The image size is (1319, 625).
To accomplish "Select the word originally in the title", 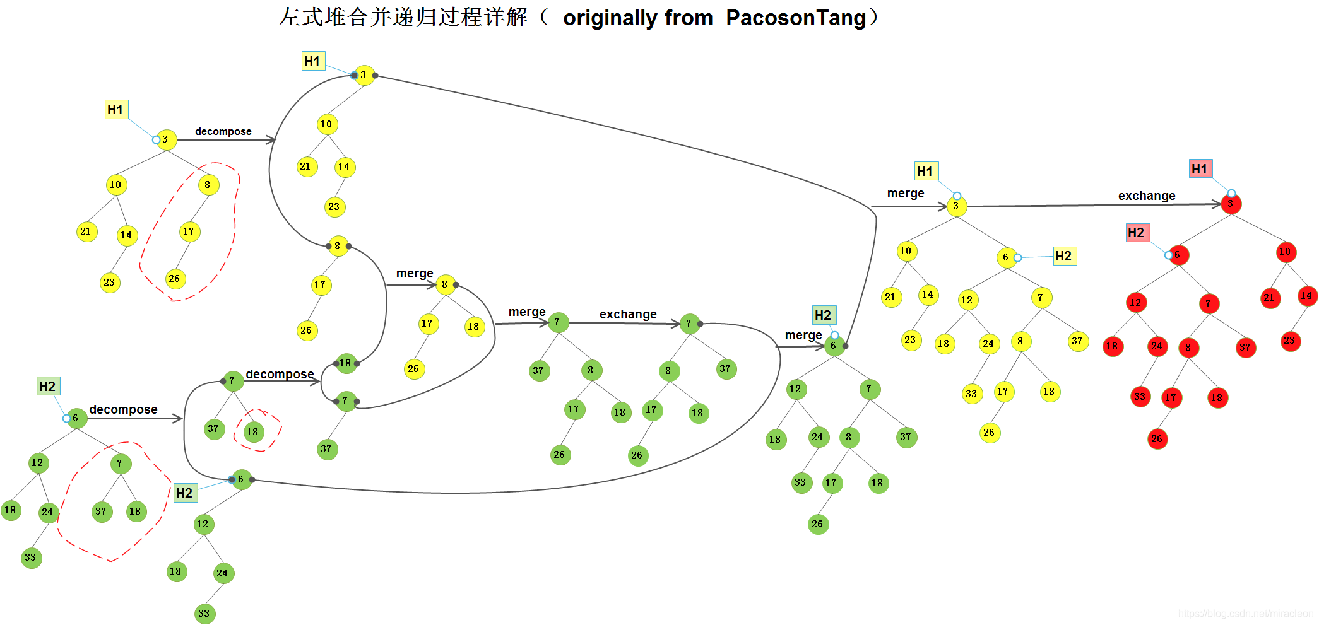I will [x=637, y=18].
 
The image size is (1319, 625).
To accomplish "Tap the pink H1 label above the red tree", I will [x=1200, y=168].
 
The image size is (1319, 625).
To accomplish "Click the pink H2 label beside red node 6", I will [x=1137, y=233].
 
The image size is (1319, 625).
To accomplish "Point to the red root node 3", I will [x=1231, y=204].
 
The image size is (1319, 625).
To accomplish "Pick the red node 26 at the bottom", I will [x=1157, y=439].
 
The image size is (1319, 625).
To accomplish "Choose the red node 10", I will [x=1285, y=252].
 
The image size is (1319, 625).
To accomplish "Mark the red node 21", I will [x=1269, y=298].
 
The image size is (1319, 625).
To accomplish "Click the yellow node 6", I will [x=1006, y=257].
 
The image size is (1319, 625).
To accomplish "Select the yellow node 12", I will [x=967, y=300].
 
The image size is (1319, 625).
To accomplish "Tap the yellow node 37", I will [x=1077, y=341].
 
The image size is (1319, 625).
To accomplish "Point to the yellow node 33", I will [x=971, y=394].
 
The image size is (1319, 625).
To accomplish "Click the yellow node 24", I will [x=988, y=344].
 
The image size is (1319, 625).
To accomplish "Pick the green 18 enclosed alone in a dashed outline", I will [x=253, y=432].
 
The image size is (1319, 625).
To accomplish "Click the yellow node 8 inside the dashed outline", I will [x=208, y=185].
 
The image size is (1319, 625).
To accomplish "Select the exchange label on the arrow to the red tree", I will [x=1147, y=196].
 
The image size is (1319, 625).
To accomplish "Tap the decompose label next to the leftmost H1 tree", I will [x=223, y=131].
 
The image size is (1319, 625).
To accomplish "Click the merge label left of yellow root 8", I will [x=414, y=273].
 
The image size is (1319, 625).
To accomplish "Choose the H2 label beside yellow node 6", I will [x=1064, y=256].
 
